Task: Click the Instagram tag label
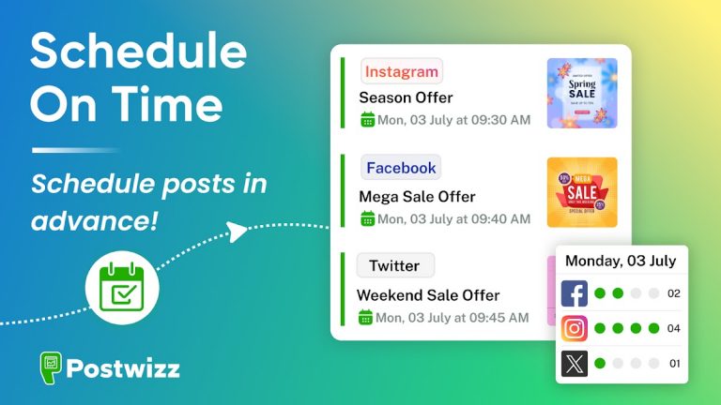click(x=401, y=71)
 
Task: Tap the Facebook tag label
click(x=401, y=168)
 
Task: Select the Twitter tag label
click(x=394, y=265)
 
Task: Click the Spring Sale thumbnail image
click(x=582, y=93)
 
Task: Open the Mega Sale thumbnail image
click(x=582, y=192)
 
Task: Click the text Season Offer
click(x=406, y=97)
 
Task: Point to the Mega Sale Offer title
click(x=417, y=197)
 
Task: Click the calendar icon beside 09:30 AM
click(x=368, y=120)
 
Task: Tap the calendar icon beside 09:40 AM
click(x=368, y=218)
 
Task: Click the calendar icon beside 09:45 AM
click(x=366, y=318)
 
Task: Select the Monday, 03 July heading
click(x=620, y=261)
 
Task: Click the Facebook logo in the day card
click(x=575, y=293)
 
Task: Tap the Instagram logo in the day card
click(x=575, y=328)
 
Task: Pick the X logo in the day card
click(x=575, y=363)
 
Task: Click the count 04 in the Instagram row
click(x=673, y=329)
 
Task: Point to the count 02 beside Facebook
click(x=673, y=293)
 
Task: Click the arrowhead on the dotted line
click(x=238, y=230)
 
